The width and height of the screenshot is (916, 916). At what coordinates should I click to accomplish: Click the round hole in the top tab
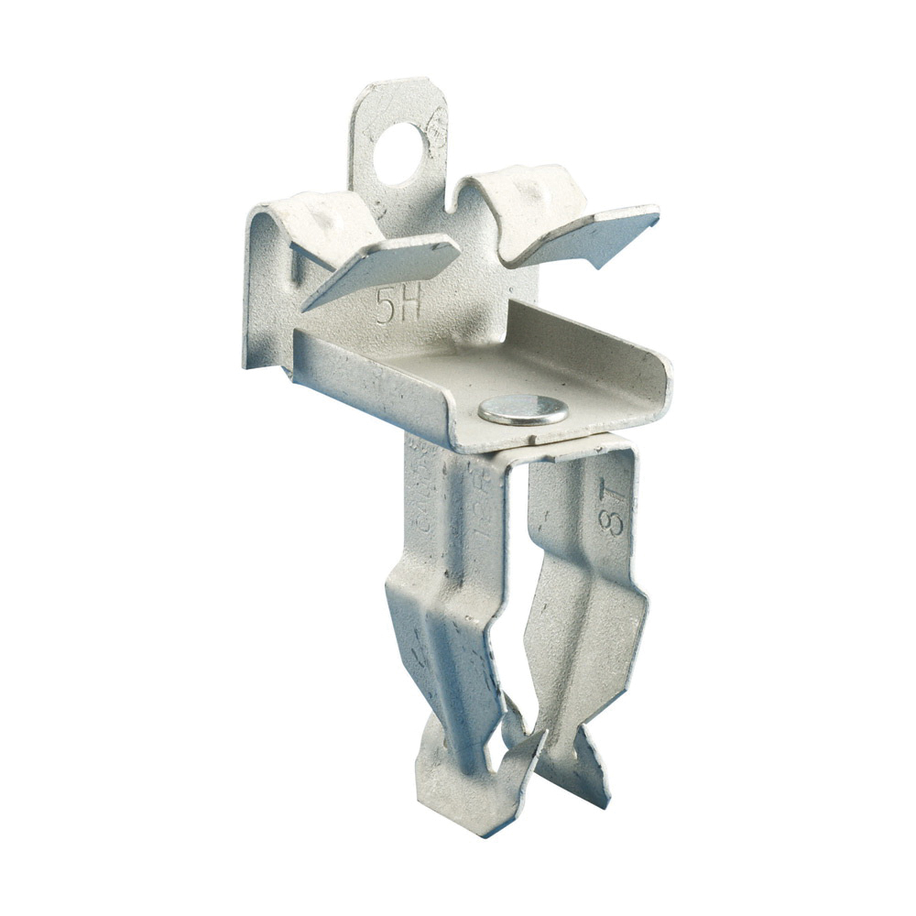400,143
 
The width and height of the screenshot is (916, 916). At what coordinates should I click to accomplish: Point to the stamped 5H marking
398,305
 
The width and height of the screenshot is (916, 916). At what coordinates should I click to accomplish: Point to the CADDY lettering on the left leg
427,499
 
